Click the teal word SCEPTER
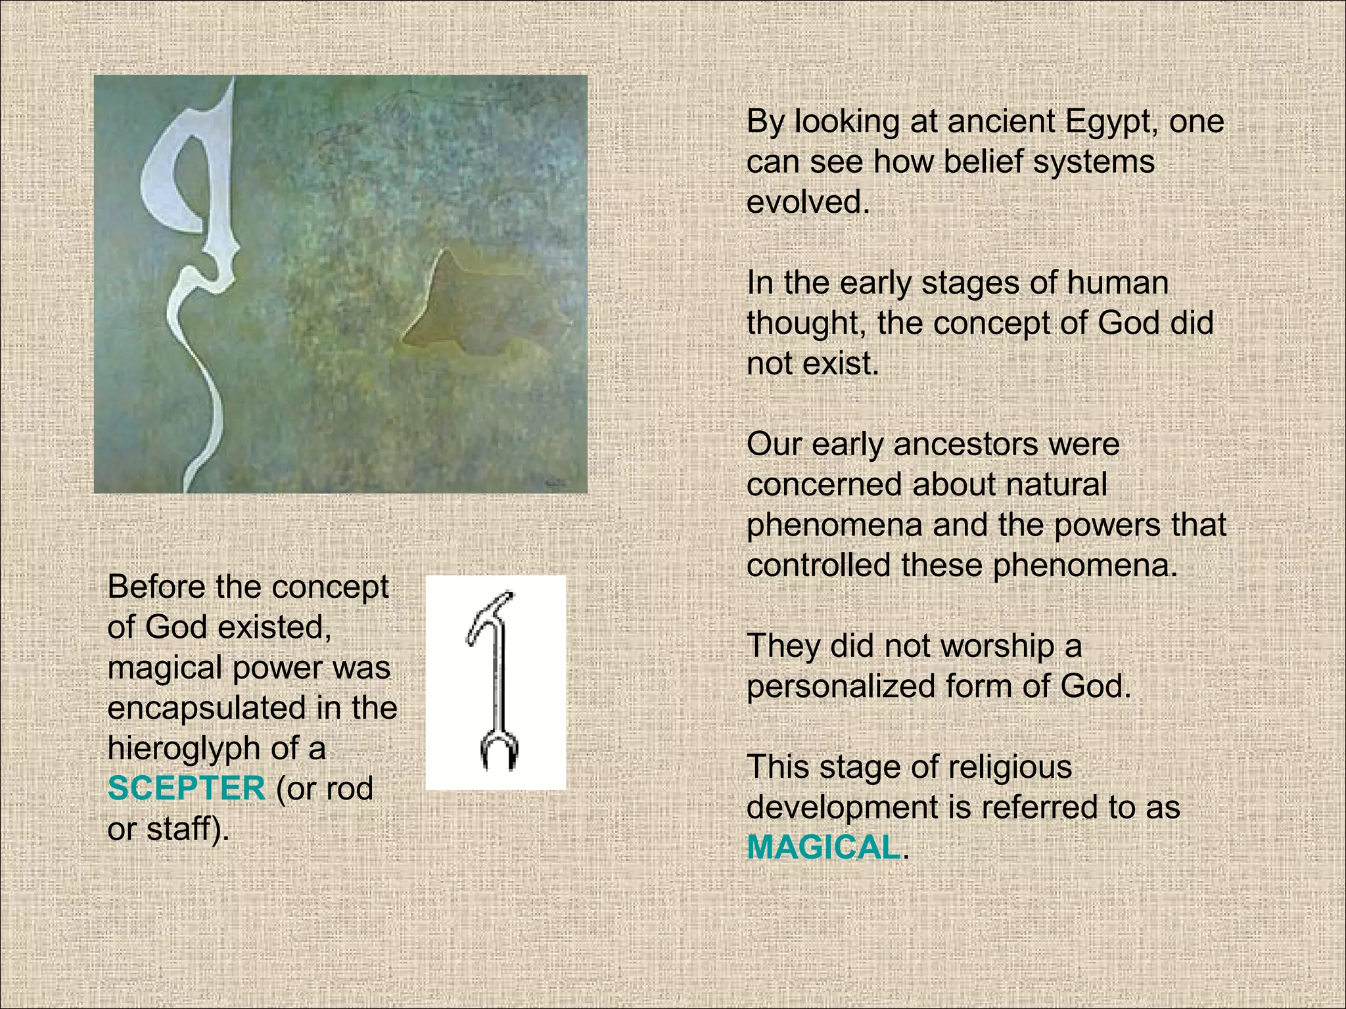click(186, 788)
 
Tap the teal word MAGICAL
click(823, 847)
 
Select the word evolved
click(807, 202)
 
